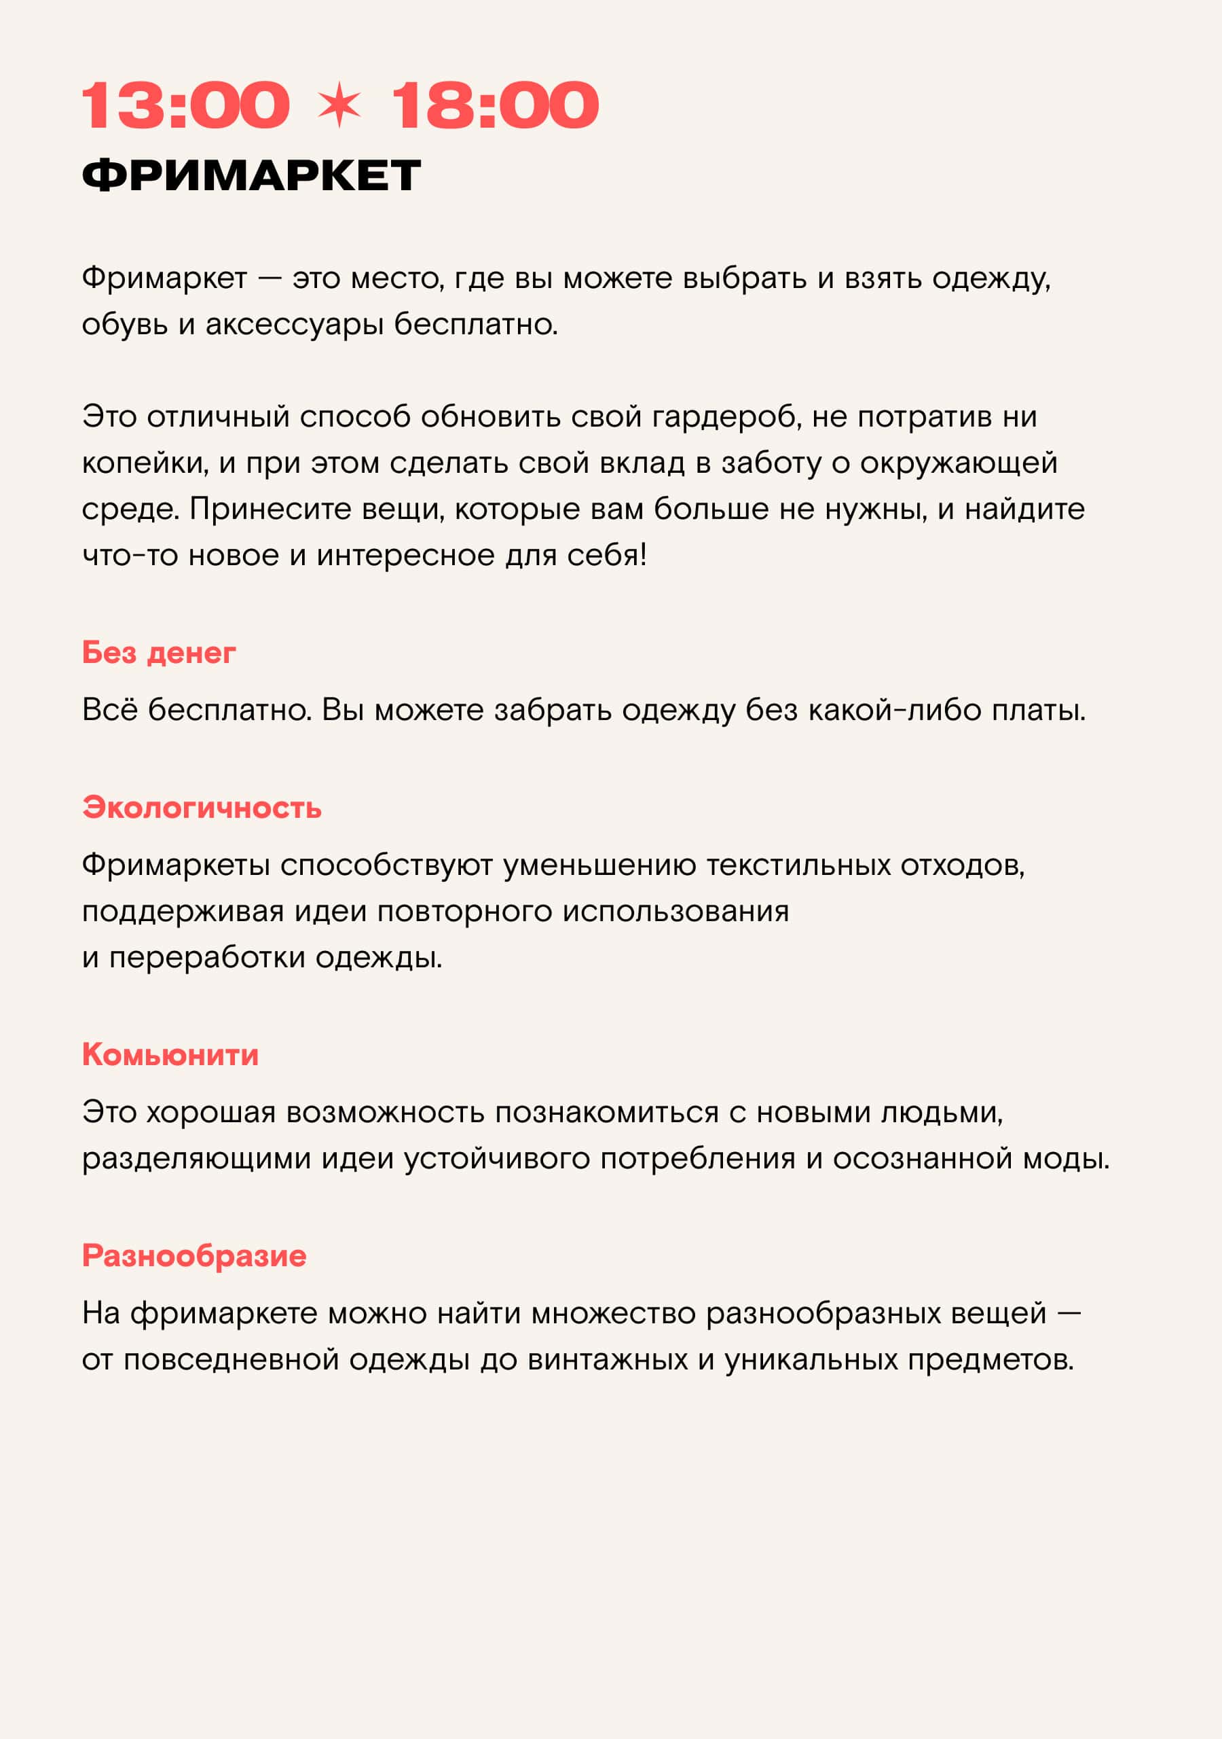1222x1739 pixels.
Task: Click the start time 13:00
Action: [185, 105]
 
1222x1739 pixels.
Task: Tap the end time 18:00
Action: [495, 105]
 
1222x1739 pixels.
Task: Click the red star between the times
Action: [339, 105]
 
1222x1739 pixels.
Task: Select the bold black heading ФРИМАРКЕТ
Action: [251, 176]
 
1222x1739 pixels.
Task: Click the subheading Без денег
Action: [159, 652]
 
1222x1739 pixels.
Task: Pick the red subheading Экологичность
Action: [202, 808]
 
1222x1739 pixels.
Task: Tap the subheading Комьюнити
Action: [170, 1054]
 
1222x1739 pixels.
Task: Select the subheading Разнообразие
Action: [194, 1256]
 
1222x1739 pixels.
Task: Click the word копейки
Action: [145, 463]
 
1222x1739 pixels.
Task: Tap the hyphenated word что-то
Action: [130, 555]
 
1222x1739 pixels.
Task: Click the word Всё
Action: [110, 710]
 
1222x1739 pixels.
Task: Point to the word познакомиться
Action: [606, 1112]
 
